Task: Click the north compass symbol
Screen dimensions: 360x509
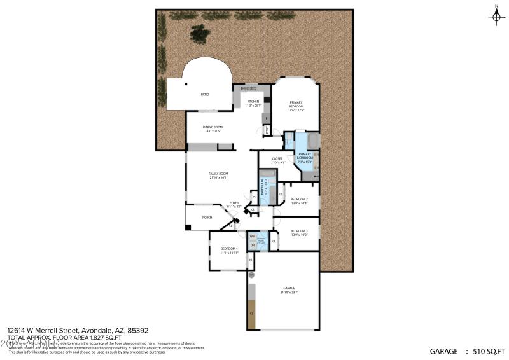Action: click(496, 16)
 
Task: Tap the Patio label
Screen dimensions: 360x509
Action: click(205, 95)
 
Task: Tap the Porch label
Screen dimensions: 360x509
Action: click(207, 218)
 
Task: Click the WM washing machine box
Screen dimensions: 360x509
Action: click(252, 237)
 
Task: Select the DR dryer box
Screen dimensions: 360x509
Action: click(252, 245)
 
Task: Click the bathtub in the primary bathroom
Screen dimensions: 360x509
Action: click(313, 140)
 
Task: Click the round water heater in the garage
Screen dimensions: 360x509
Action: click(251, 276)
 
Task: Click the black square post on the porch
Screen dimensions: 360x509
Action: click(188, 227)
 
